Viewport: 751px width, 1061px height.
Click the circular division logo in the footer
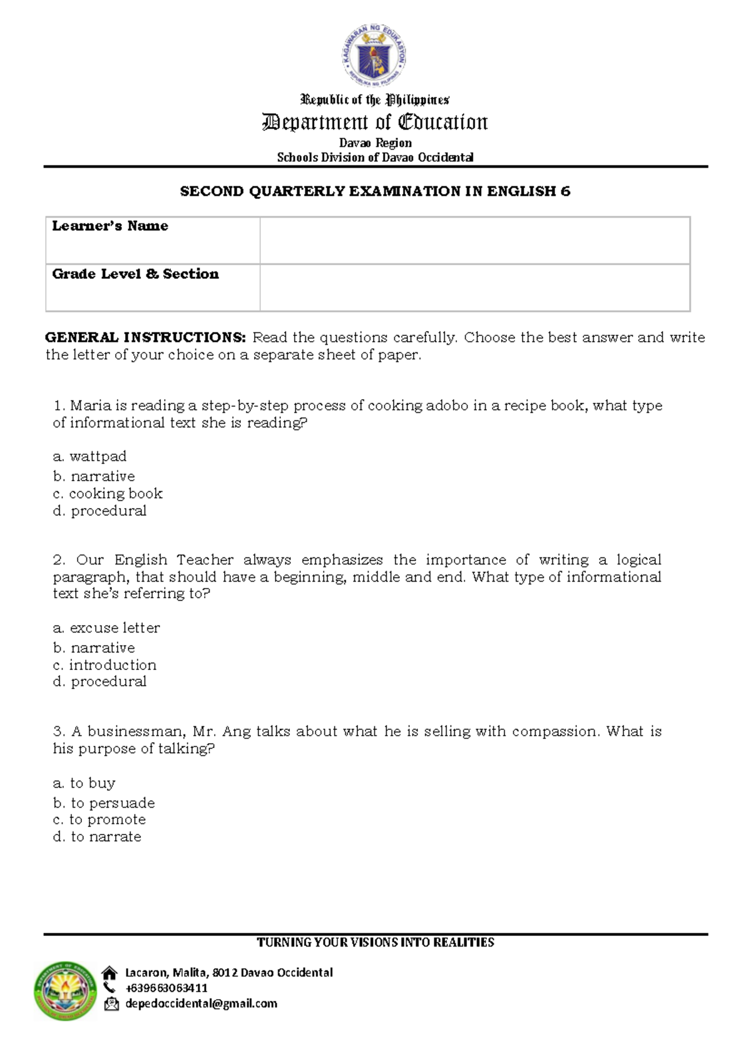[x=65, y=991]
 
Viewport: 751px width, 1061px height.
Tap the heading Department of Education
[x=375, y=122]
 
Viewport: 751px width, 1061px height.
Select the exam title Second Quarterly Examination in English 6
[x=375, y=191]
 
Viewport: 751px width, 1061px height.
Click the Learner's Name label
[x=110, y=226]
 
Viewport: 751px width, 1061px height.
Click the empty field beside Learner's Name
[x=474, y=240]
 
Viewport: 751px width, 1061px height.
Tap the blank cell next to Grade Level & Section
[x=474, y=288]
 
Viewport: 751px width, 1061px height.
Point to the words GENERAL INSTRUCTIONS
[x=146, y=338]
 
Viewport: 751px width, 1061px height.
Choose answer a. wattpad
[x=90, y=457]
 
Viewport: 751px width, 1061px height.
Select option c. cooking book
[x=108, y=494]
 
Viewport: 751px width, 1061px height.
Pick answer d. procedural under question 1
[x=100, y=510]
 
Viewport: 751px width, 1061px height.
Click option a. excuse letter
[x=106, y=627]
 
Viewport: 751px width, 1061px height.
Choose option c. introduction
[x=105, y=665]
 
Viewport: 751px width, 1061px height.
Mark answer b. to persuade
[x=104, y=803]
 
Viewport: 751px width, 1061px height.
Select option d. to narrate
[x=97, y=837]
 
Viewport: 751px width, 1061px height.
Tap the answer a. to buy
[x=84, y=783]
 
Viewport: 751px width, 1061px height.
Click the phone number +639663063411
[x=166, y=988]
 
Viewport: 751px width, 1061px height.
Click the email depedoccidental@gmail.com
[x=201, y=1003]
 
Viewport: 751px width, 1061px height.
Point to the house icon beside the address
[x=110, y=973]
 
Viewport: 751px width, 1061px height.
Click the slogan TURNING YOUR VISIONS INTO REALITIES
[x=375, y=942]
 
